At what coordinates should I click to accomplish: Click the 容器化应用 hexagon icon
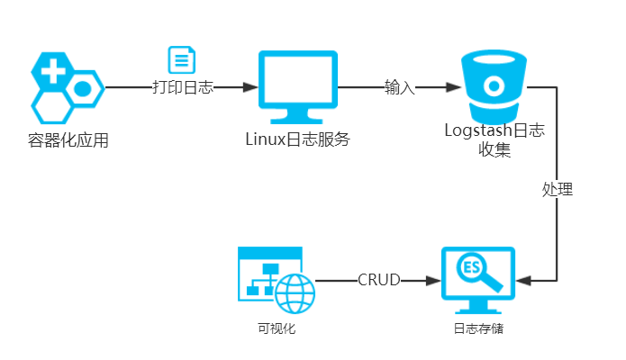[x=67, y=88]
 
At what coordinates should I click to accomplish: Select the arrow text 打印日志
[x=182, y=87]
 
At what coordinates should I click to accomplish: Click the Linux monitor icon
[x=297, y=87]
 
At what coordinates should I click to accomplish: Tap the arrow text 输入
[x=399, y=87]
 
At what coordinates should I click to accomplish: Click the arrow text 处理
[x=558, y=190]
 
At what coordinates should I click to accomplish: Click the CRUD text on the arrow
[x=379, y=280]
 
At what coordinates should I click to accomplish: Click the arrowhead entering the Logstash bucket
[x=454, y=87]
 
